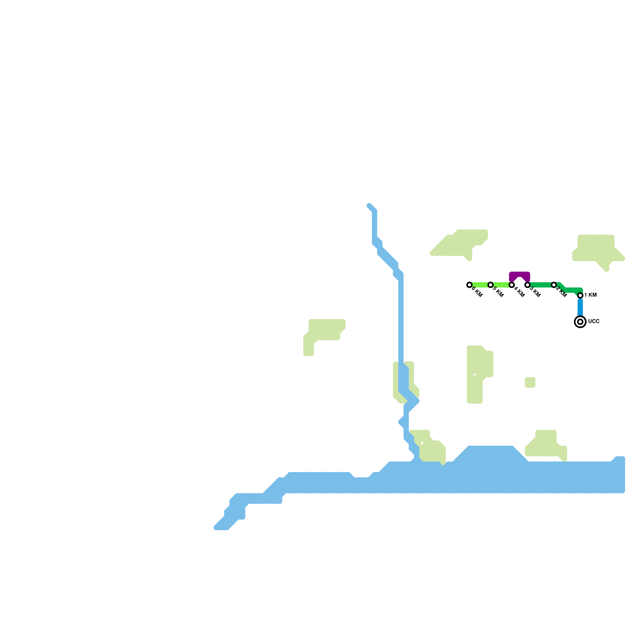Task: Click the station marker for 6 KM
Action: tap(469, 285)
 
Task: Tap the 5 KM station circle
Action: tap(491, 285)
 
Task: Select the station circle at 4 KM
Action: tap(512, 285)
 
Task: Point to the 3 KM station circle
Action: tap(527, 285)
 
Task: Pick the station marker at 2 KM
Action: tap(554, 285)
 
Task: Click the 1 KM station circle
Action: tap(580, 296)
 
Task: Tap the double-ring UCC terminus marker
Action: tap(580, 322)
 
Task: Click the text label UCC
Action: tap(593, 322)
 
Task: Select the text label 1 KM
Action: tap(590, 295)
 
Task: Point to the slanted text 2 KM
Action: tap(561, 292)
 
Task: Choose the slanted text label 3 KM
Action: tap(535, 292)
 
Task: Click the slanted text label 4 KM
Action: tap(519, 292)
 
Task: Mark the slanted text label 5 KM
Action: tap(498, 292)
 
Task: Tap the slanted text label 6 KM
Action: tap(477, 292)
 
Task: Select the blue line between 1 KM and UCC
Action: tap(580, 308)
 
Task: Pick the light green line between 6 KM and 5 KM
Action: tap(480, 285)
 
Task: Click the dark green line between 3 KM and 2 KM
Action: tap(540, 285)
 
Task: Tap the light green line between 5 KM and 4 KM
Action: tap(501, 285)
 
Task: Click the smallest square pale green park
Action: tap(530, 383)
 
